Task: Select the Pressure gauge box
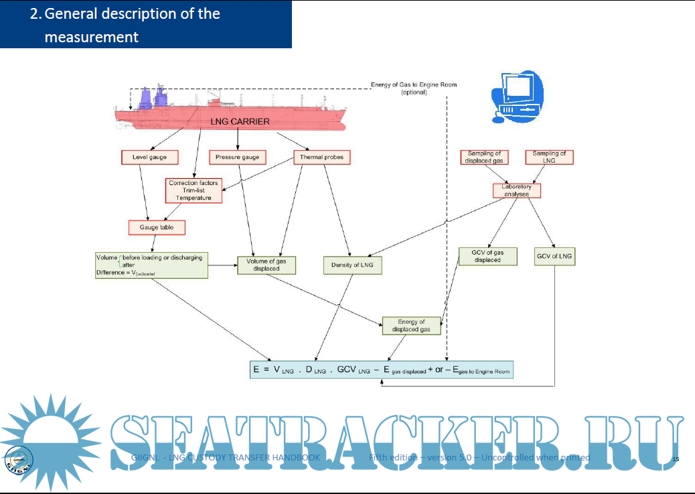pyautogui.click(x=238, y=158)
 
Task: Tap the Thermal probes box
pyautogui.click(x=322, y=158)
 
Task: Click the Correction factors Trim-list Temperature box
pyautogui.click(x=194, y=190)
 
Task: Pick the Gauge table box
pyautogui.click(x=157, y=227)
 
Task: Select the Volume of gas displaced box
pyautogui.click(x=266, y=265)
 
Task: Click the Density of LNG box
pyautogui.click(x=352, y=265)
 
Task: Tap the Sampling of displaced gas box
pyautogui.click(x=484, y=157)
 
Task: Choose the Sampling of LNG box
pyautogui.click(x=549, y=157)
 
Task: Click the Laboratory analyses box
pyautogui.click(x=516, y=190)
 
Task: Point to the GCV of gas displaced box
pyautogui.click(x=487, y=256)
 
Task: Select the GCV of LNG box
pyautogui.click(x=555, y=257)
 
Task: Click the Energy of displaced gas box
pyautogui.click(x=411, y=326)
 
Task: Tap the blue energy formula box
pyautogui.click(x=382, y=369)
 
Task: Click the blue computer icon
pyautogui.click(x=513, y=95)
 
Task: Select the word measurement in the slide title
pyautogui.click(x=92, y=37)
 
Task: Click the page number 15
pyautogui.click(x=675, y=459)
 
